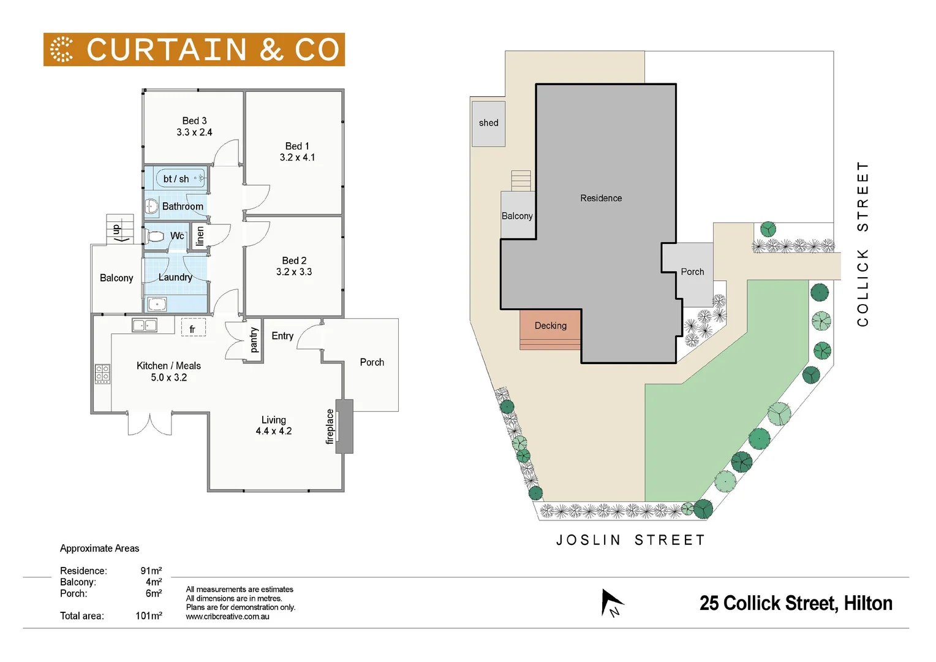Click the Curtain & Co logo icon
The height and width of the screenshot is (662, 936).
61,50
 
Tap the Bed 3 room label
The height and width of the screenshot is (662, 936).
194,121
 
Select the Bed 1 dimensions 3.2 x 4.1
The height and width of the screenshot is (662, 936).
297,158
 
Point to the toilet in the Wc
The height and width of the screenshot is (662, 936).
156,236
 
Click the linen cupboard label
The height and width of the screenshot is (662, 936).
200,235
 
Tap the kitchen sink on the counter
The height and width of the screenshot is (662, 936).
145,325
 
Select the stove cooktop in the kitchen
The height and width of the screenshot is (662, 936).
102,373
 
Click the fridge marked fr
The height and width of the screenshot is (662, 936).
192,329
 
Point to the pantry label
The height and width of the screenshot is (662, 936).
254,340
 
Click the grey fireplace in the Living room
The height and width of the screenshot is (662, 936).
344,426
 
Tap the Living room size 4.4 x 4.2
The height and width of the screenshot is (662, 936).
274,432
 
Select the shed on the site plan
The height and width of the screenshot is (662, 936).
488,123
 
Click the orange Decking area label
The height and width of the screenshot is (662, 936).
550,326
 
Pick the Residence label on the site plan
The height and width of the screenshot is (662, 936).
601,198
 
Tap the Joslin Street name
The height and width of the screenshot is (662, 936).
631,540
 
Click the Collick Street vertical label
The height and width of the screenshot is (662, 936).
862,244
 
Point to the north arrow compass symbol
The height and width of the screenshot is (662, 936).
611,603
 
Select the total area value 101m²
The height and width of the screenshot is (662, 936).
149,616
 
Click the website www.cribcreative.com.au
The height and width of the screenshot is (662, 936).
227,617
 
